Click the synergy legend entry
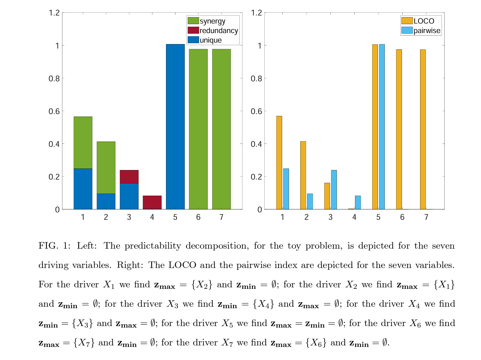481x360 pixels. pyautogui.click(x=212, y=21)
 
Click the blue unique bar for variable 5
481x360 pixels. pyautogui.click(x=175, y=127)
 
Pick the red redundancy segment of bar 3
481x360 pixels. pyautogui.click(x=129, y=177)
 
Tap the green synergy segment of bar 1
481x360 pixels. pyautogui.click(x=83, y=142)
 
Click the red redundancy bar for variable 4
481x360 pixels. pyautogui.click(x=152, y=202)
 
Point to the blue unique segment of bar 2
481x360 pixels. pyautogui.click(x=106, y=201)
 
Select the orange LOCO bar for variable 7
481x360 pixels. pyautogui.click(x=423, y=129)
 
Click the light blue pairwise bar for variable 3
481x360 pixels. pyautogui.click(x=334, y=190)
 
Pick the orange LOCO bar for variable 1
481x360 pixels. pyautogui.click(x=279, y=163)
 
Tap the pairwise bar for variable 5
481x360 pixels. pyautogui.click(x=382, y=127)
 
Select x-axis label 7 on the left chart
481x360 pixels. pyautogui.click(x=221, y=217)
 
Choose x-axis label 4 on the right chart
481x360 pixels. pyautogui.click(x=354, y=217)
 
